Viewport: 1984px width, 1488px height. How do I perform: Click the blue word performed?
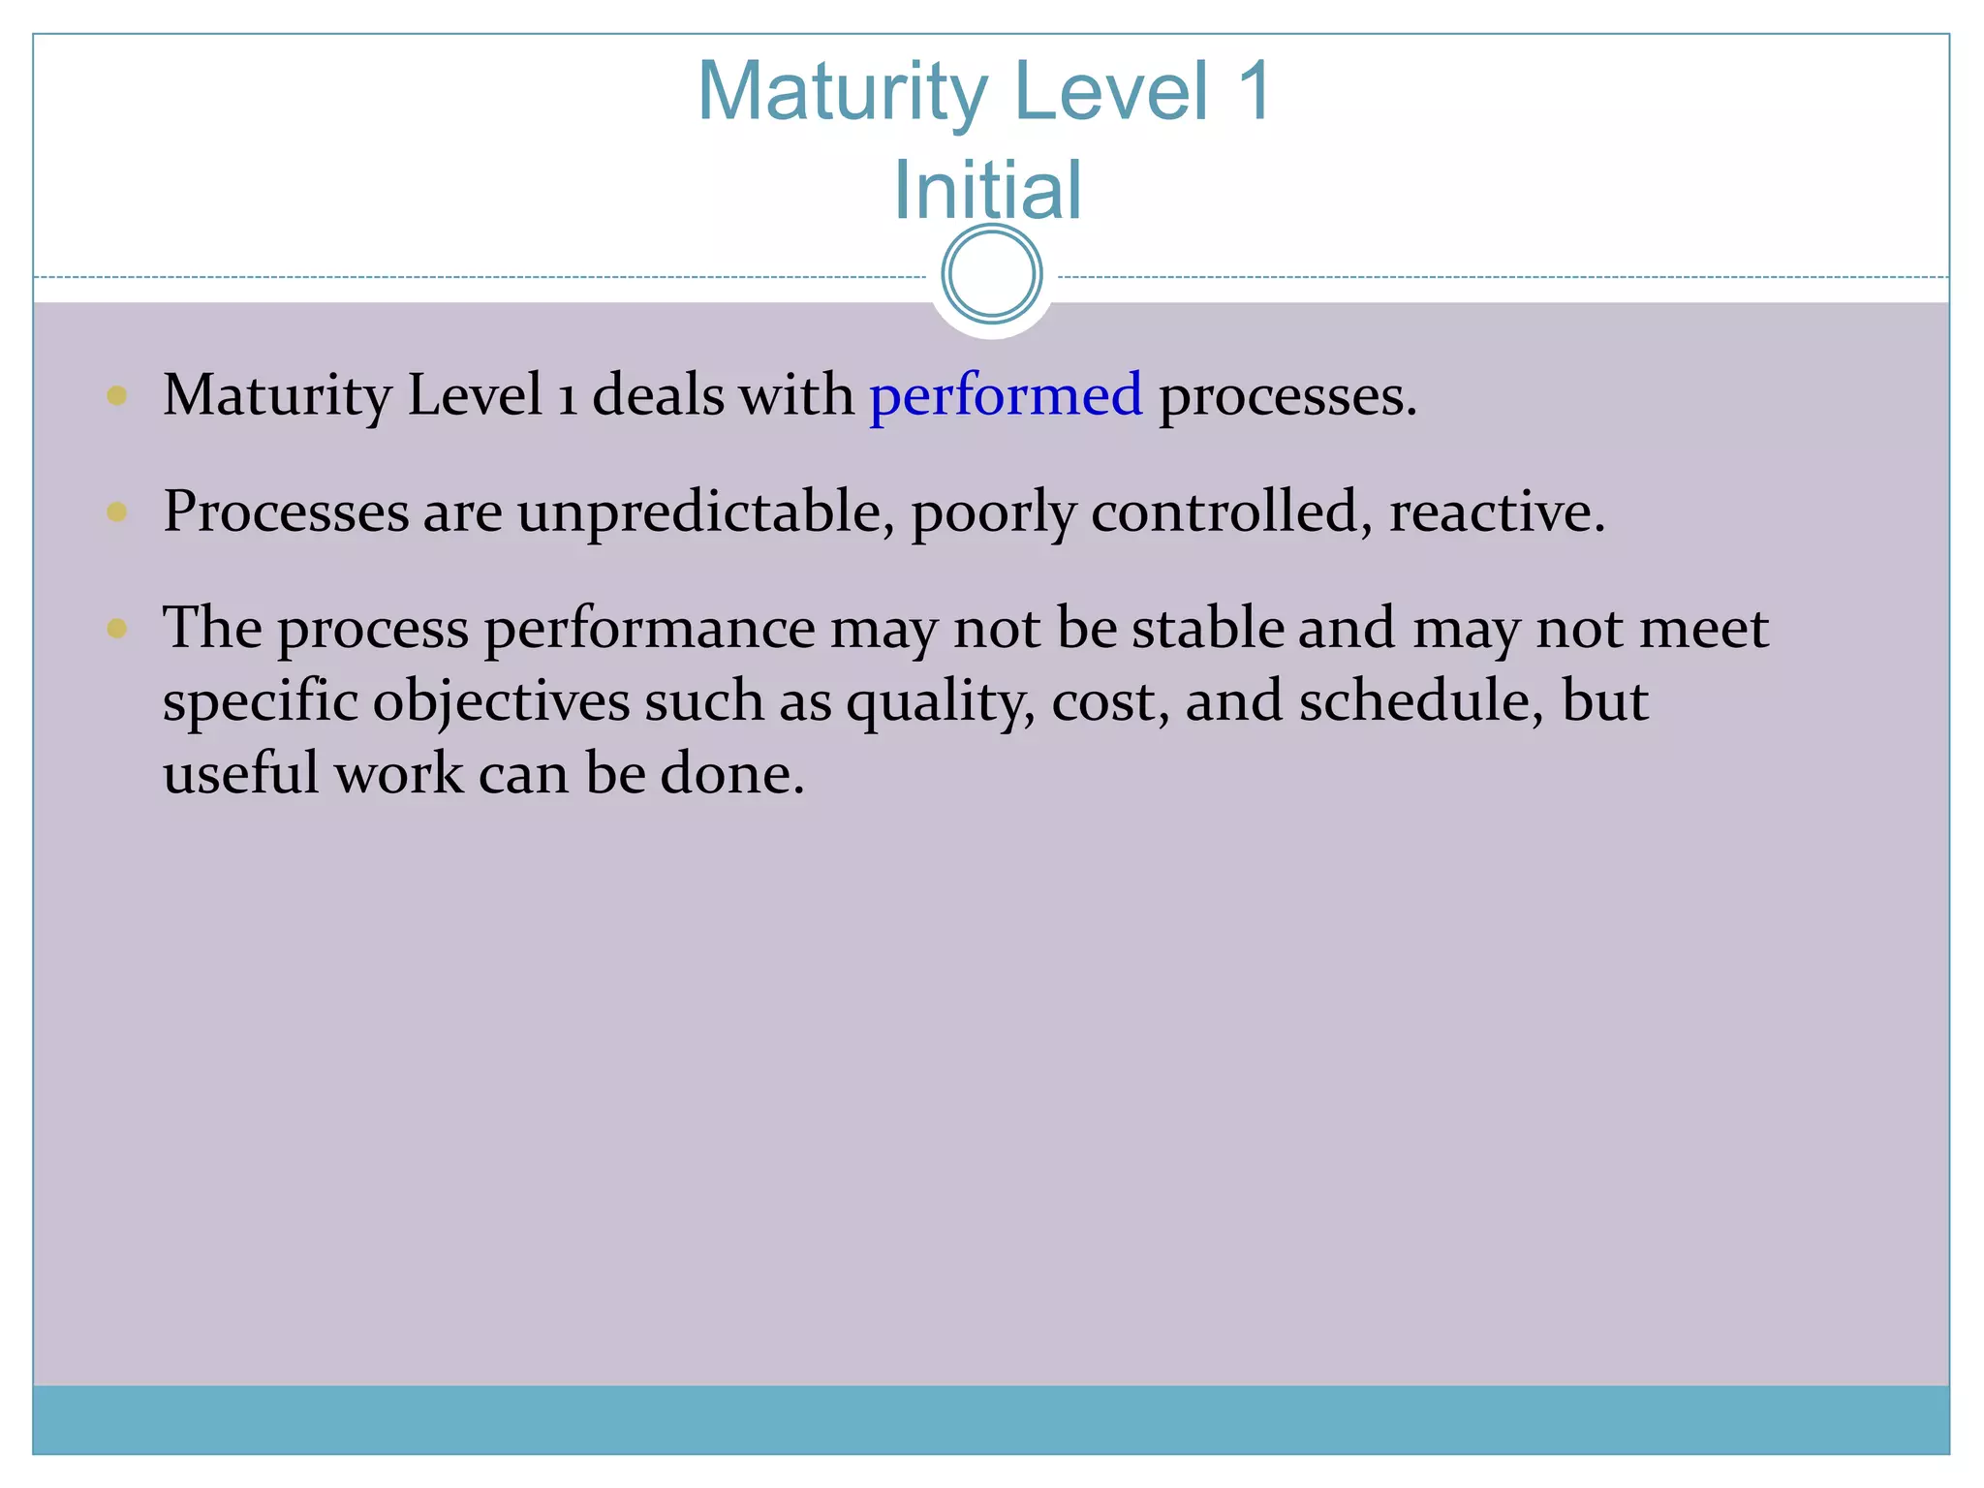point(1006,397)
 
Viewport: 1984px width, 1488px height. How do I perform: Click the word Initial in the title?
point(987,190)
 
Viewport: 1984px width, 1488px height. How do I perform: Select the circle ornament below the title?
point(991,274)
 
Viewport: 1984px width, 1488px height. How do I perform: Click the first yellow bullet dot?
point(117,395)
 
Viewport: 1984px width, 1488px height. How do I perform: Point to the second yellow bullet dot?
point(117,511)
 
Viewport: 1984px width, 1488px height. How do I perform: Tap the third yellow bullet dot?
point(117,629)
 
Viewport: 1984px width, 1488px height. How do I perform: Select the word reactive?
point(1496,511)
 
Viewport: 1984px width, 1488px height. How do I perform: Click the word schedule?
point(1420,700)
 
